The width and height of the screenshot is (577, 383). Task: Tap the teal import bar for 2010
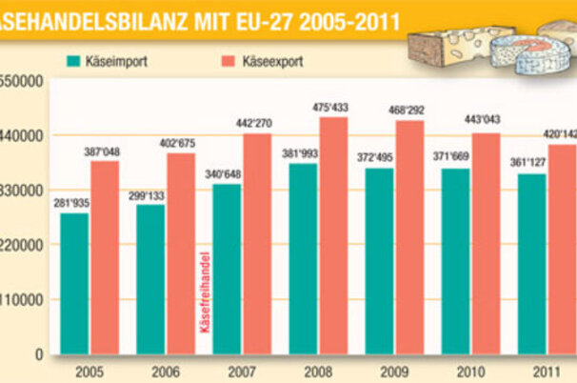point(455,261)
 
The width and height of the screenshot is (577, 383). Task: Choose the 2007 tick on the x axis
point(241,369)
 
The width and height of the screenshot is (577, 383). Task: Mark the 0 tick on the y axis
point(41,354)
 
